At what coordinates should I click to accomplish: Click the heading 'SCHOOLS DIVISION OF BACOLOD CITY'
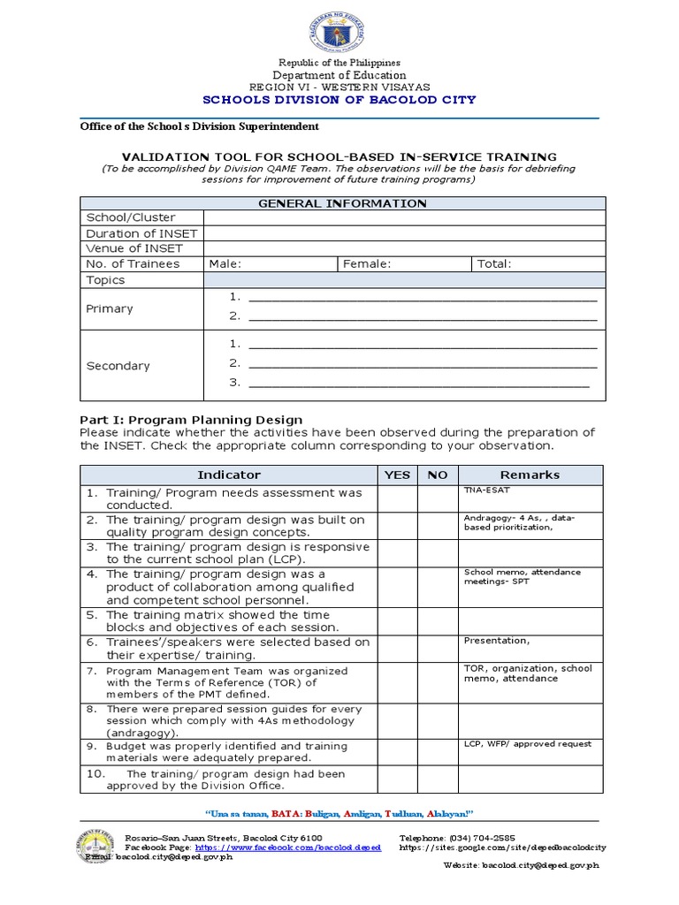339,100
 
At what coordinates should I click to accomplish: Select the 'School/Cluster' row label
130,217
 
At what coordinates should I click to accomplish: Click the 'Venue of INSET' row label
134,248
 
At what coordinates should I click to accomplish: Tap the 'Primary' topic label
110,308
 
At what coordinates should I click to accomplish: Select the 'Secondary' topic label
118,366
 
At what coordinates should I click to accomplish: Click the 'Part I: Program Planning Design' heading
191,420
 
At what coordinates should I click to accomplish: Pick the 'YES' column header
397,475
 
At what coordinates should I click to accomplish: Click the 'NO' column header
438,475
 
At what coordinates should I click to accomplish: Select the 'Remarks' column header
530,475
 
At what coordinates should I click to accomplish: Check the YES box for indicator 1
397,498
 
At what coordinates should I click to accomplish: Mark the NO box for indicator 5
438,621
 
